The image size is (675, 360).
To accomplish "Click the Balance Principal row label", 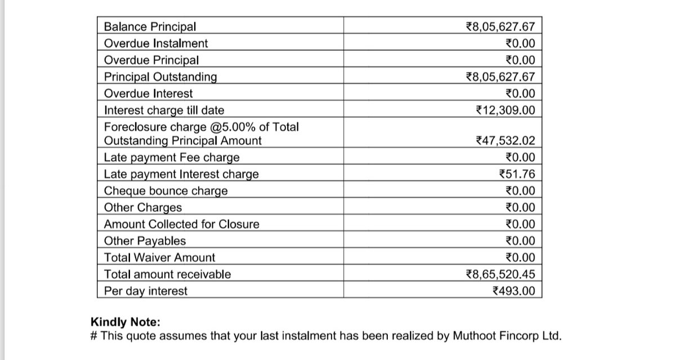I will point(150,26).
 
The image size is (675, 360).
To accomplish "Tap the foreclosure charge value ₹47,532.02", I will point(505,141).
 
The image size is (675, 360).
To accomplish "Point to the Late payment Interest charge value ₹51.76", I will point(517,174).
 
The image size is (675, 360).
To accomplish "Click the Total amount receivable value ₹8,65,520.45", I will point(500,274).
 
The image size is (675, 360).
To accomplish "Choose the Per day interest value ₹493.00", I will point(513,291).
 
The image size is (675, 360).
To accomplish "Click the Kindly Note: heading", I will point(126,322).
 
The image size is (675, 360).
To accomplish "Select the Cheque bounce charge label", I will point(166,191).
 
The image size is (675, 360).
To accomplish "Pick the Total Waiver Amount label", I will point(160,258).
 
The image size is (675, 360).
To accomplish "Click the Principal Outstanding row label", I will point(161,77).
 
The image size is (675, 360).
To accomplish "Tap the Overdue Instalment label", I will point(156,43).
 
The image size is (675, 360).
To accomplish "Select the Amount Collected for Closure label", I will point(182,224).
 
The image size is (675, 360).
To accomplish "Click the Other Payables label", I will point(145,241).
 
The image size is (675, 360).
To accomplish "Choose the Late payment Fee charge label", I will point(172,157).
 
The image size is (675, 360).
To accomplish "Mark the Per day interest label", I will point(146,291).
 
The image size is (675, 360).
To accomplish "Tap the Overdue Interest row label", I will point(149,94).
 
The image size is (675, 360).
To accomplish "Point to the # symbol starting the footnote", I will point(94,336).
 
